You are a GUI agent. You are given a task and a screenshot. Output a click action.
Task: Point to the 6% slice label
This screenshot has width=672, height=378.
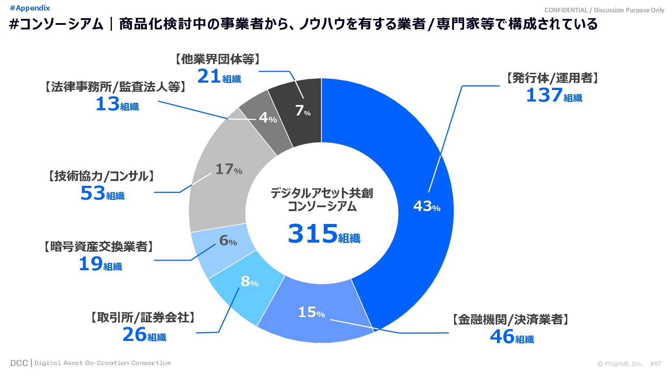(x=228, y=240)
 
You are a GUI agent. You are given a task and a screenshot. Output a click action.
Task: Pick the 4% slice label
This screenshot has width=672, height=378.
(x=268, y=118)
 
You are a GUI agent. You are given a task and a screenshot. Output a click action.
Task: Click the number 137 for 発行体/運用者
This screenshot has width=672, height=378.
(x=544, y=95)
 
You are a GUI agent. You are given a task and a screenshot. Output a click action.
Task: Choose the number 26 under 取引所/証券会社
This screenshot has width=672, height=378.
(x=134, y=335)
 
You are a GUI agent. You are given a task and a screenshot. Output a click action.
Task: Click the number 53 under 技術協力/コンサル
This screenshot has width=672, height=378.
(x=93, y=193)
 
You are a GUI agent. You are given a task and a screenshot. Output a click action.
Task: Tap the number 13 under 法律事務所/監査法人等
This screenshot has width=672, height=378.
(x=107, y=104)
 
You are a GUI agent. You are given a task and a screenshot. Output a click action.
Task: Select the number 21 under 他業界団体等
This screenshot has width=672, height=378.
(x=209, y=77)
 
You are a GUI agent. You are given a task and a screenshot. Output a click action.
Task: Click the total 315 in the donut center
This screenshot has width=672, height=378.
(x=313, y=234)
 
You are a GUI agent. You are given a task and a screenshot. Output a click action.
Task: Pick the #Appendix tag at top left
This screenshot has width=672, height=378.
(x=30, y=8)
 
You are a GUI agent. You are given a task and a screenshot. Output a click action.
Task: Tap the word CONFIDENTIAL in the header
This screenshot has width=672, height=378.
(x=566, y=10)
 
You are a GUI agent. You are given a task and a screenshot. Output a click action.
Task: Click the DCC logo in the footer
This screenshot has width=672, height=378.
(x=19, y=363)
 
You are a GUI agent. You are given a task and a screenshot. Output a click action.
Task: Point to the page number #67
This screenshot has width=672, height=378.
(x=656, y=364)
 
